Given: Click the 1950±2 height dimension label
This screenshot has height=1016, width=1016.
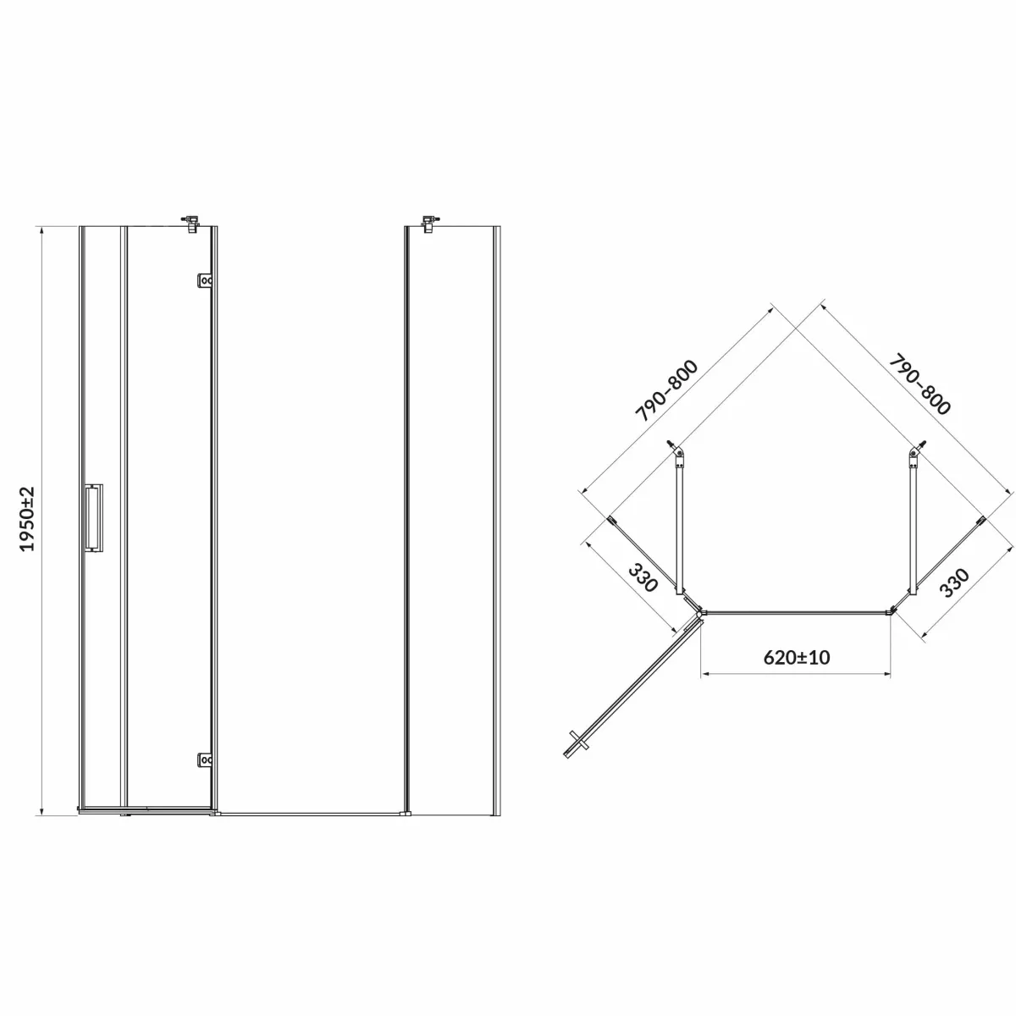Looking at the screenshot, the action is [27, 519].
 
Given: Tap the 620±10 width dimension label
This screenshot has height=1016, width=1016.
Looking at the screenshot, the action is [796, 657].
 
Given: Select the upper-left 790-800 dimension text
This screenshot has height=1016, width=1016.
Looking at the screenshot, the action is [666, 391].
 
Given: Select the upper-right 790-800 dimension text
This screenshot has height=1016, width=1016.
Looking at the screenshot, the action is [919, 384].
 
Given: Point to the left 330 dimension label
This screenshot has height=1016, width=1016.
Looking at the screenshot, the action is [643, 577].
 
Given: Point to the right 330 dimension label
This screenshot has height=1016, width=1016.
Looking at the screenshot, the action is [954, 582].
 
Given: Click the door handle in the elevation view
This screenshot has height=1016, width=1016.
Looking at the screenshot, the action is [94, 518].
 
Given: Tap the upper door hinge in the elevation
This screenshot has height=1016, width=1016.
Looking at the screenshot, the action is [205, 280].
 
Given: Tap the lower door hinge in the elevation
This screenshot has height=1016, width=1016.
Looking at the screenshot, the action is [205, 759].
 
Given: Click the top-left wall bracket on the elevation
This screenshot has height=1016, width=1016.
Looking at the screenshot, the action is [190, 222].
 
